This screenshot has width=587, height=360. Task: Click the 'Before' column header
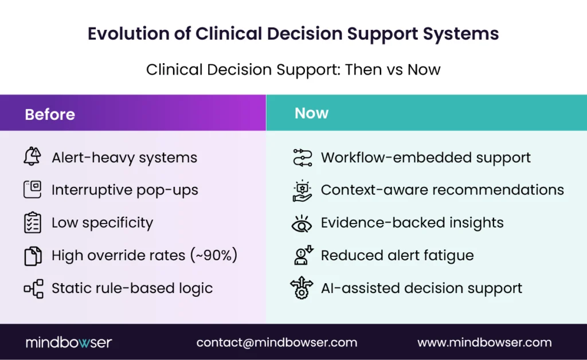tap(50, 114)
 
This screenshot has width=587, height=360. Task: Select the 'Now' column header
tap(311, 113)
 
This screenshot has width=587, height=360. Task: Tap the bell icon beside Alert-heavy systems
tap(33, 156)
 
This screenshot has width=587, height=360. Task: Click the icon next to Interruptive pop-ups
tap(33, 189)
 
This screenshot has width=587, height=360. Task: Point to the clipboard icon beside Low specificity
tap(33, 222)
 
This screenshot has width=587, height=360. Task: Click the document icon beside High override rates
tap(33, 255)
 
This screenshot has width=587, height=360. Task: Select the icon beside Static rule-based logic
tap(33, 288)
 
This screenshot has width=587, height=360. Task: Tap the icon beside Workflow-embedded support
tap(302, 157)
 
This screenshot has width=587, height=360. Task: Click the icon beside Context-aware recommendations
tap(302, 190)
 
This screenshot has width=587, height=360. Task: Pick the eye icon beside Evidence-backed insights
tap(302, 223)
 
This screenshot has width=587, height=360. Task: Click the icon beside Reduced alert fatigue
tap(302, 255)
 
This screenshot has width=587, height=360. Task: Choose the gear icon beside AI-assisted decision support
tap(302, 288)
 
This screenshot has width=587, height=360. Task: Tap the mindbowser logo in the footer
tap(69, 343)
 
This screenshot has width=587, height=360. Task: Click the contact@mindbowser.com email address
tap(276, 343)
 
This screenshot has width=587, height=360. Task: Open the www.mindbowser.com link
tap(484, 343)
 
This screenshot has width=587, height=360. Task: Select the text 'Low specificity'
tap(102, 222)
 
